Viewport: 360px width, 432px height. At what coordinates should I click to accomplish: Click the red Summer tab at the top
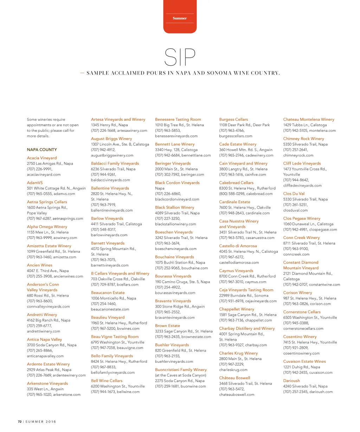[180, 18]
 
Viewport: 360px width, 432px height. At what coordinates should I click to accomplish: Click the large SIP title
[180, 57]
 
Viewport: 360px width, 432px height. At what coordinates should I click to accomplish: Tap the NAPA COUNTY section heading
[42, 150]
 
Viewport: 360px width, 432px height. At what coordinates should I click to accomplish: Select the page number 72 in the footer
[20, 421]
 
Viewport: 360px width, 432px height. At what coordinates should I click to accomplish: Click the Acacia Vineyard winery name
[42, 158]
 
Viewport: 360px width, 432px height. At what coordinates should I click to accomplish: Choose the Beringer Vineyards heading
[173, 163]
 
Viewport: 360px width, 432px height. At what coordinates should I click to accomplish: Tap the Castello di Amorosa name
[238, 246]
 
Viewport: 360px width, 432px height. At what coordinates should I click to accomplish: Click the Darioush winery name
[291, 381]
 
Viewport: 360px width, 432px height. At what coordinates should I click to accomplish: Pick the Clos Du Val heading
[294, 194]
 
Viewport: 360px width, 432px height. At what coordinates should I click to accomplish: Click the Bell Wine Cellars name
[107, 381]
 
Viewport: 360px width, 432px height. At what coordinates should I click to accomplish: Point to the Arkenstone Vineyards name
[47, 383]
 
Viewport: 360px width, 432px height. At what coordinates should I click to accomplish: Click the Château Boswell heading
[234, 378]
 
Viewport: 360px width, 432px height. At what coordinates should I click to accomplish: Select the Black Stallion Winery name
[174, 207]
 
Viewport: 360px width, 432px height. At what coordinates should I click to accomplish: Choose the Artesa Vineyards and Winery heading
[118, 120]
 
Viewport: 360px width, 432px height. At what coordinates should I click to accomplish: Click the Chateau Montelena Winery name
[309, 120]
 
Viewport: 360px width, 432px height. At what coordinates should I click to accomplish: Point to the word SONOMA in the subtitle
[222, 73]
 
